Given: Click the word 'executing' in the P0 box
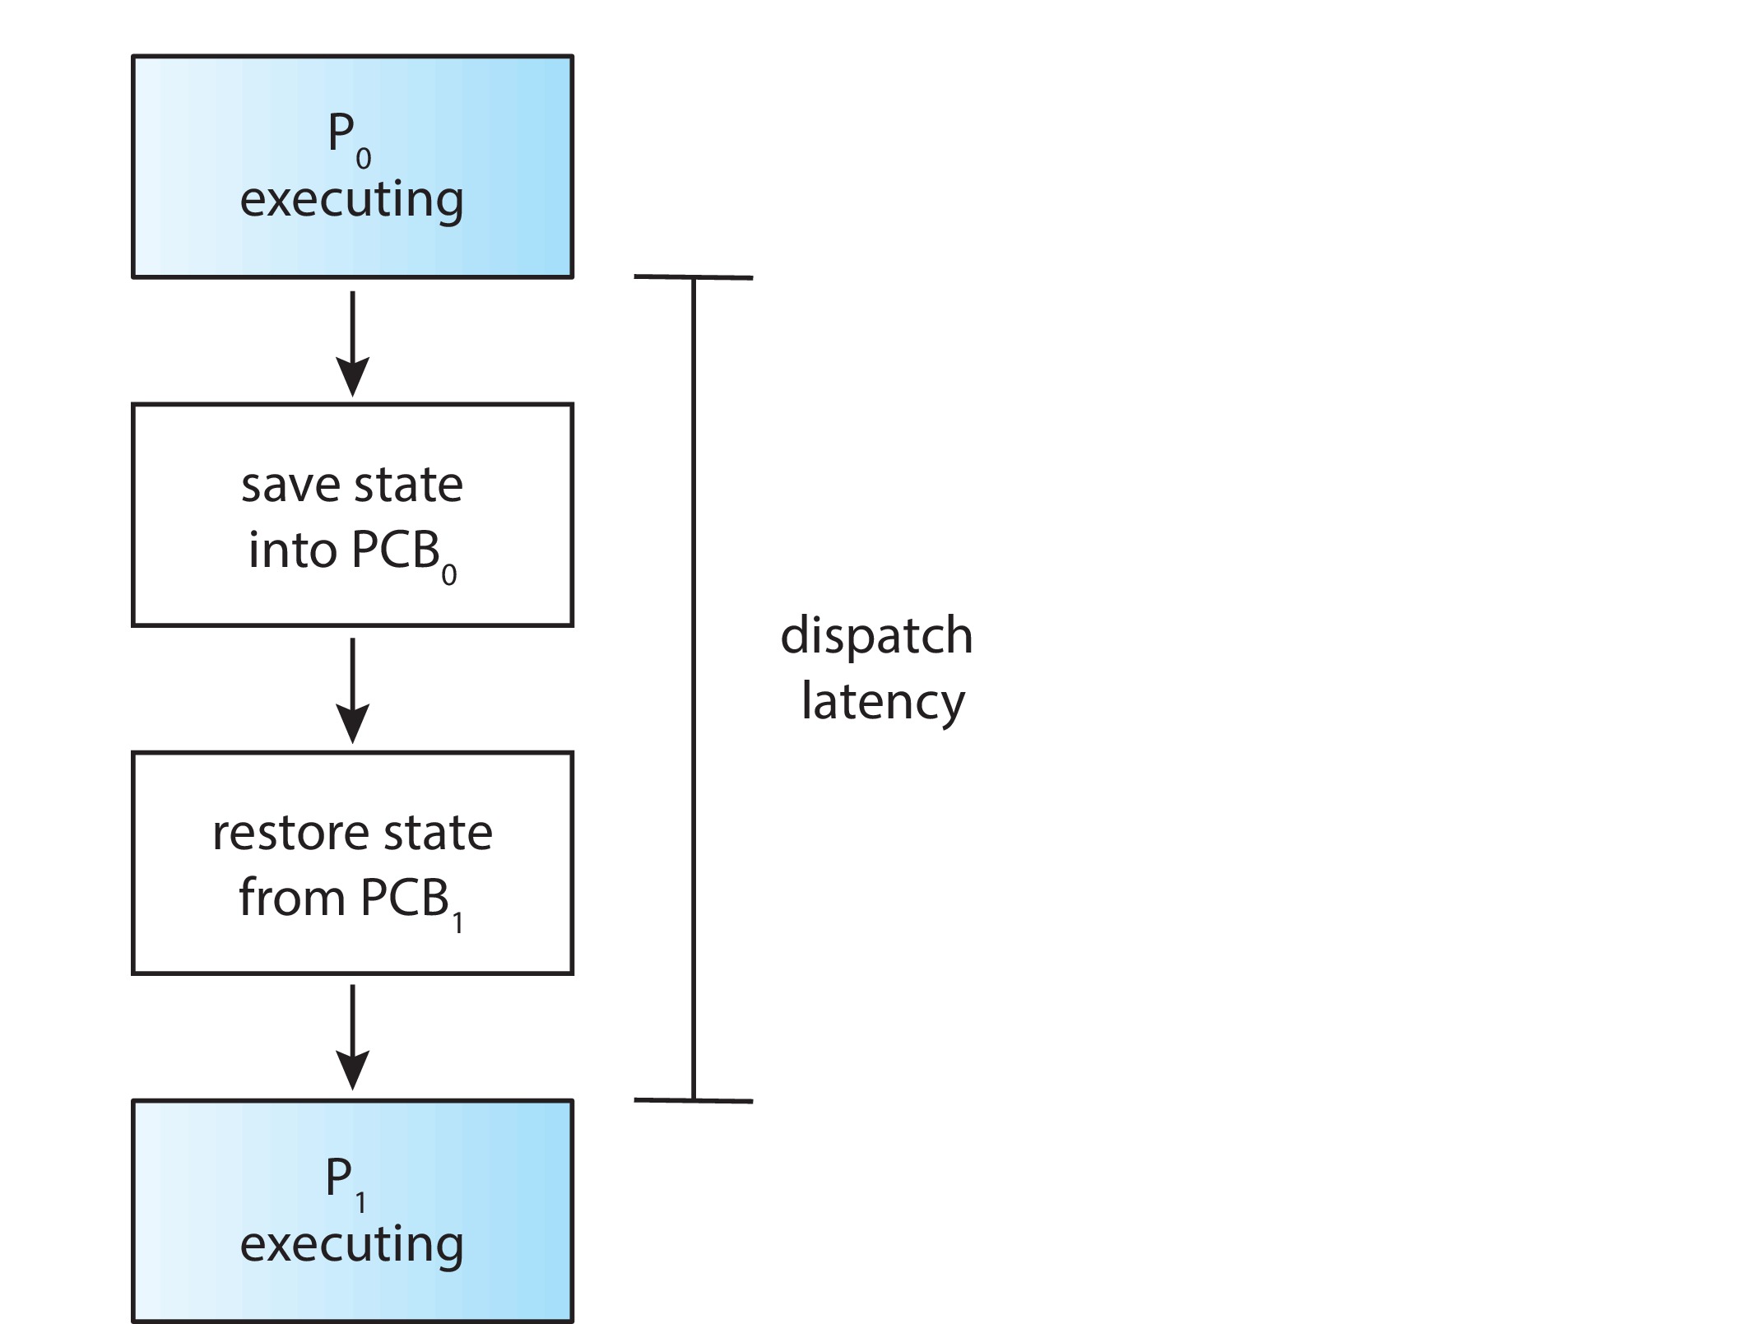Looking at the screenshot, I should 351,200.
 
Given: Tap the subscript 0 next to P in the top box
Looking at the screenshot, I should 364,158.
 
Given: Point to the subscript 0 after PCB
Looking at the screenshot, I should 448,574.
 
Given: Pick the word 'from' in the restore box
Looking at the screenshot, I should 291,898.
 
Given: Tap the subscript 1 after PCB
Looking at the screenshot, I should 457,922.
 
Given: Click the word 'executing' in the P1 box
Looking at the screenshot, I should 351,1244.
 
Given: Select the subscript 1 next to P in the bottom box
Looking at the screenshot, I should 360,1203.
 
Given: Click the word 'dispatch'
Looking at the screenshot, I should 876,636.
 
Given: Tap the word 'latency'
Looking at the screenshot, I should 883,702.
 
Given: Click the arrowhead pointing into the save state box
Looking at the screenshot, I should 353,379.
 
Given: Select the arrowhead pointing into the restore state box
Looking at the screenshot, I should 353,725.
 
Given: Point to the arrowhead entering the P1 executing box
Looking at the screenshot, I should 353,1072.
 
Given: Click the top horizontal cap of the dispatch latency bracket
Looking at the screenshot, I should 693,277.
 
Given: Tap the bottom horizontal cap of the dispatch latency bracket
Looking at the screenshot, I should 693,1100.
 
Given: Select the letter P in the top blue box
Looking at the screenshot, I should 341,133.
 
